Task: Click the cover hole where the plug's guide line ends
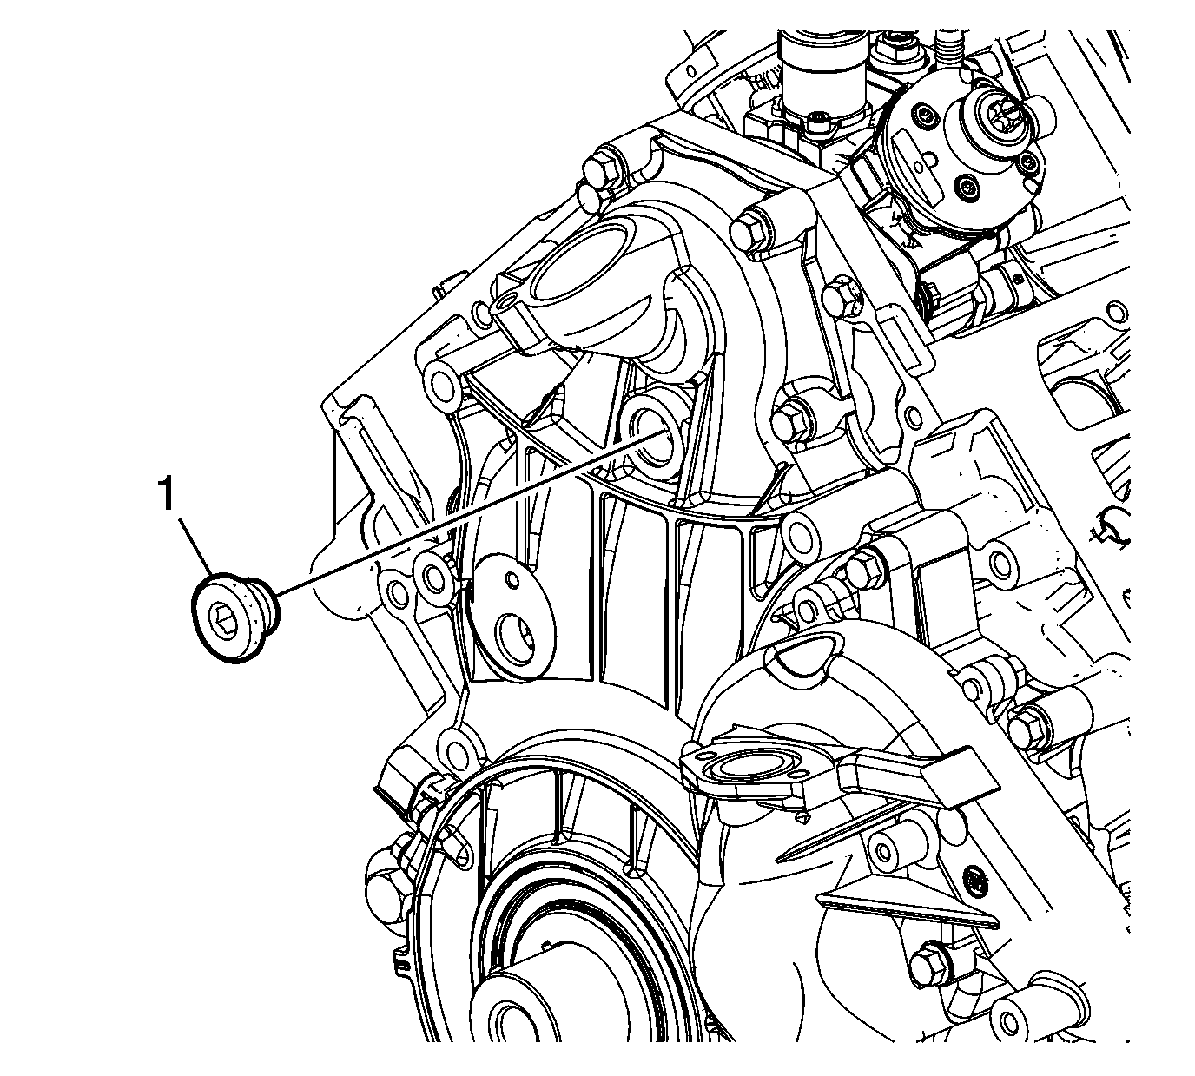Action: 657,440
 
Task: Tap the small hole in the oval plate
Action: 511,578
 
